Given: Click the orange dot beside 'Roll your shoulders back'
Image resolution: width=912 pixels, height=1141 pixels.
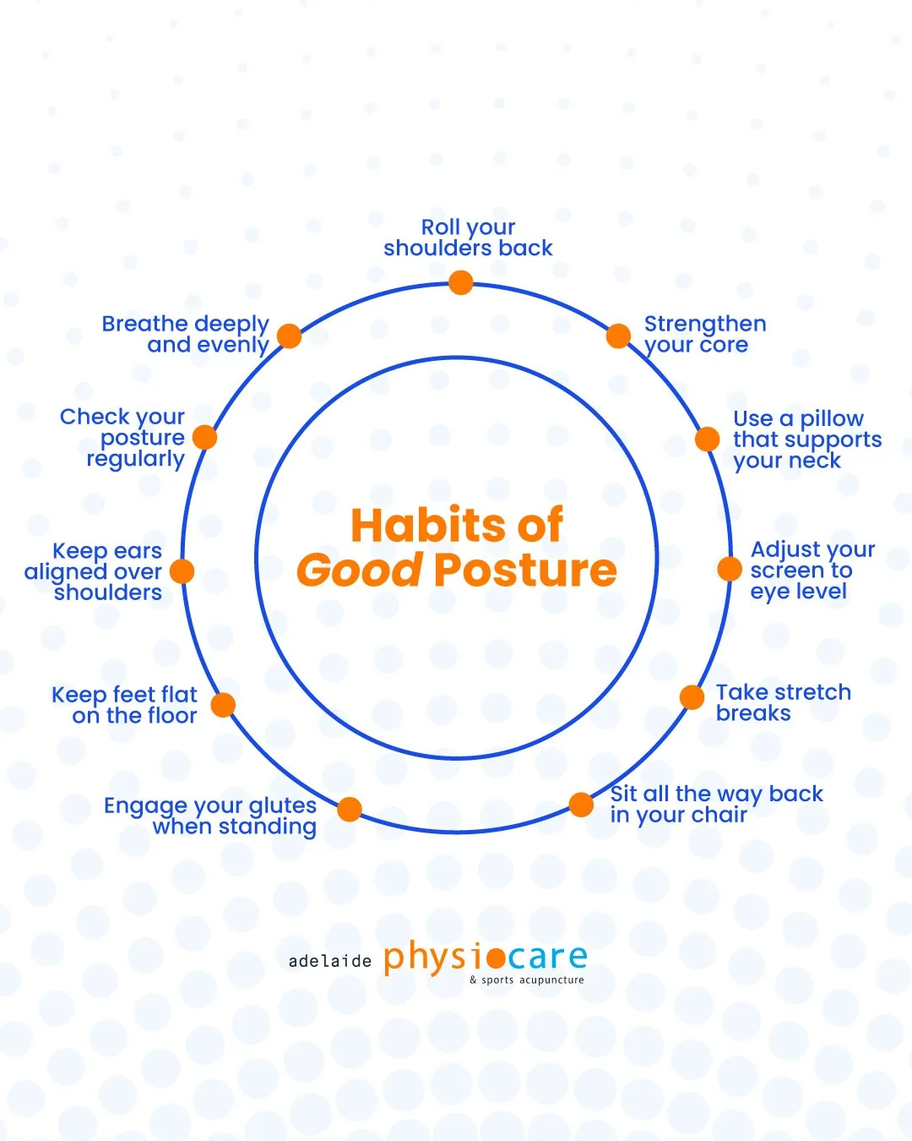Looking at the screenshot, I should click(x=460, y=282).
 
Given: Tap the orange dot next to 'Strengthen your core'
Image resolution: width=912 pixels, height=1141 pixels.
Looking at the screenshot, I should click(x=618, y=336).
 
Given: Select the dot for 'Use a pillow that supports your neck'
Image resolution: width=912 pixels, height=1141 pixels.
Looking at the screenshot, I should click(x=708, y=439).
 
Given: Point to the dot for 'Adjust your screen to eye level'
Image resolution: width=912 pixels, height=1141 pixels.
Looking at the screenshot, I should click(x=730, y=569).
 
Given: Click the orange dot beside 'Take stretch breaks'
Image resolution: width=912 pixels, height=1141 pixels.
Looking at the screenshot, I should click(x=692, y=697).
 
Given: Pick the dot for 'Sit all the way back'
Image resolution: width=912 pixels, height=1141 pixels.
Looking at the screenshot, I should click(x=581, y=805).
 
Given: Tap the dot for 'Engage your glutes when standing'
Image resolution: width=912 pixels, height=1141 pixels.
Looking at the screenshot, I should click(x=350, y=809).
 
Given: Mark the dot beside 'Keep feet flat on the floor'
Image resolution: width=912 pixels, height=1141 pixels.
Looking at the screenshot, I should click(x=223, y=705).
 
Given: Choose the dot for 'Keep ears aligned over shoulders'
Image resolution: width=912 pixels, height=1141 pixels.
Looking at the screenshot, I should click(x=182, y=571).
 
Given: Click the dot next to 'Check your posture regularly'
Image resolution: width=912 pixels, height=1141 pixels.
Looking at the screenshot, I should click(x=204, y=437).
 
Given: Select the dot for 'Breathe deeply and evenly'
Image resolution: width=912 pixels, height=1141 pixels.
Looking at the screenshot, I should click(x=289, y=336).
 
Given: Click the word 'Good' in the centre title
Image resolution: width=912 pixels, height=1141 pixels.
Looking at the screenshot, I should click(x=359, y=570).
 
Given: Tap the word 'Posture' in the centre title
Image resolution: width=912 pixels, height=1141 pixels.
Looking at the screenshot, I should click(x=525, y=570).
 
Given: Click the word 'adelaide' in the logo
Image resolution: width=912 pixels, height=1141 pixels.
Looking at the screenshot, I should click(x=330, y=961).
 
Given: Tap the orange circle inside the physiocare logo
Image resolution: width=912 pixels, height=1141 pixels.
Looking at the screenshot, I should click(x=496, y=958).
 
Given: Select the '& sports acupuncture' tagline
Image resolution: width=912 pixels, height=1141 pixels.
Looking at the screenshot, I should click(x=527, y=980).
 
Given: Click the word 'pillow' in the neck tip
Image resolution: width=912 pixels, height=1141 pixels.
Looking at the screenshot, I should click(x=832, y=419).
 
